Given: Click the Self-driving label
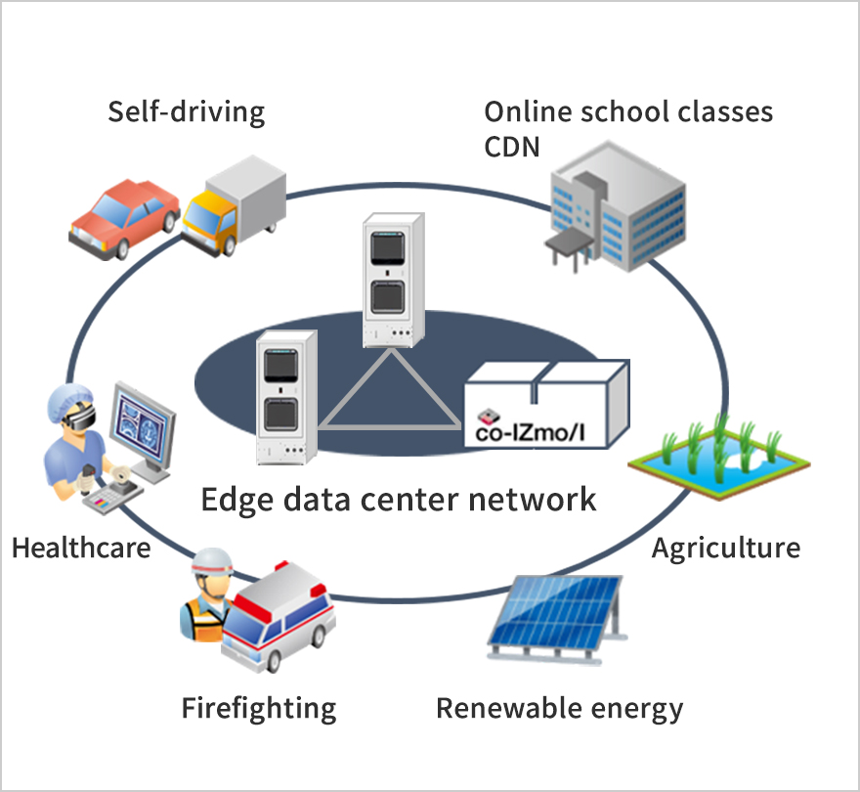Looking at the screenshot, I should pyautogui.click(x=186, y=111).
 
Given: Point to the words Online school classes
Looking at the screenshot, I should pyautogui.click(x=628, y=111).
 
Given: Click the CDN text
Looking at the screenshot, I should pyautogui.click(x=513, y=147).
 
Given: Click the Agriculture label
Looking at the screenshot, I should pyautogui.click(x=725, y=547).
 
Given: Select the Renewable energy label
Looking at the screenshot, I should pyautogui.click(x=559, y=707).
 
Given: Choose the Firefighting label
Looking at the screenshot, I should pyautogui.click(x=259, y=707).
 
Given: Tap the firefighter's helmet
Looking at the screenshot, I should pyautogui.click(x=210, y=561).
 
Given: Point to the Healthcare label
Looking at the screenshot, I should pyautogui.click(x=81, y=547).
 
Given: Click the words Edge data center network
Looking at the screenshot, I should pyautogui.click(x=398, y=500).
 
